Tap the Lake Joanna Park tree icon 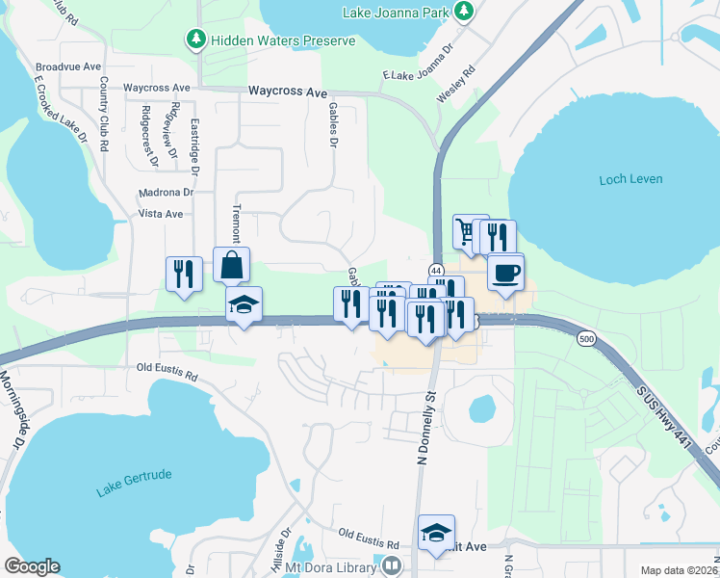[465, 12]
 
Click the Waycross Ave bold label [288, 92]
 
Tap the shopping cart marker [469, 232]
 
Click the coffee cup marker [505, 273]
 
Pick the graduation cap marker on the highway [244, 305]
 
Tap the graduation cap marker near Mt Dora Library [436, 533]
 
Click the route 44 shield [436, 272]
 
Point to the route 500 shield [586, 339]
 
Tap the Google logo [32, 566]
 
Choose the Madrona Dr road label [167, 192]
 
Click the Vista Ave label [161, 214]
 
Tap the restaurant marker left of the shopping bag [183, 274]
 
